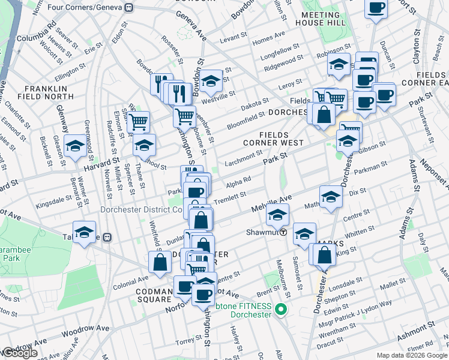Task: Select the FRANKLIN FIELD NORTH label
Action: pyautogui.click(x=50, y=94)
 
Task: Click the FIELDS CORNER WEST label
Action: pyautogui.click(x=274, y=139)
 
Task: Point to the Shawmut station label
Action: pyautogui.click(x=262, y=232)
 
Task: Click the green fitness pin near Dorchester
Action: pyautogui.click(x=280, y=310)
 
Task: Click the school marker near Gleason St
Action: pyautogui.click(x=75, y=146)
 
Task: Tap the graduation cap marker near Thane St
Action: pyautogui.click(x=144, y=145)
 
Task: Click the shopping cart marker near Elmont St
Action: pyautogui.click(x=139, y=122)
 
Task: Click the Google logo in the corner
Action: pyautogui.click(x=20, y=353)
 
